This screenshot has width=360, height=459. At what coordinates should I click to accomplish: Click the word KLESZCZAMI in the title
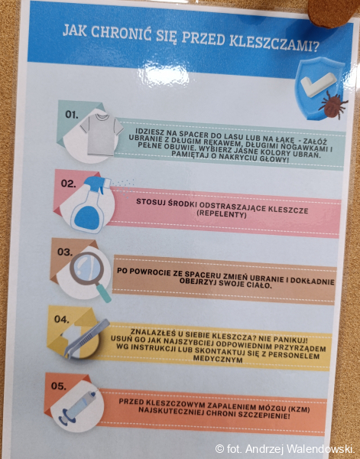[274, 43]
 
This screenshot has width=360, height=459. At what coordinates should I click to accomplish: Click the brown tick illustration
[333, 104]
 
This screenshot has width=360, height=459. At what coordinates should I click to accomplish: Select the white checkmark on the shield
[319, 84]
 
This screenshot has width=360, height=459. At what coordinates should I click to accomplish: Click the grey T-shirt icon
[102, 134]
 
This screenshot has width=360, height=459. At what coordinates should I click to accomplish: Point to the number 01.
[72, 115]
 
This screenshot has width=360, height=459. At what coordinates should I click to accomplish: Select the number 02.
[69, 184]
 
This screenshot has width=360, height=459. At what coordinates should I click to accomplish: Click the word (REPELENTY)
[222, 213]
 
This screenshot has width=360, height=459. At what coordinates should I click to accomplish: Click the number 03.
[65, 252]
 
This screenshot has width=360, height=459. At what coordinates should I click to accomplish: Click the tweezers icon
[86, 338]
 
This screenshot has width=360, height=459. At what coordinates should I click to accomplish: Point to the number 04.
[62, 319]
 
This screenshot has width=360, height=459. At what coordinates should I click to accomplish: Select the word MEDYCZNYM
[218, 359]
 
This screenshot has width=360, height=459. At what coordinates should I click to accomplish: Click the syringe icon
[77, 406]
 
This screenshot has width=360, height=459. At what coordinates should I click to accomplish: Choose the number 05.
[59, 386]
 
